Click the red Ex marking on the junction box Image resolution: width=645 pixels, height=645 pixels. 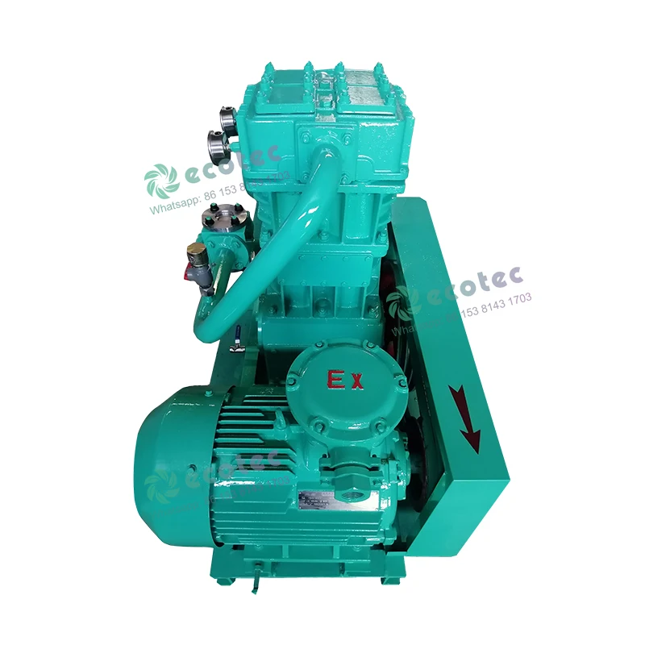pos(344,380)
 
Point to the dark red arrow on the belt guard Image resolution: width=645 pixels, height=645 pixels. pos(466,416)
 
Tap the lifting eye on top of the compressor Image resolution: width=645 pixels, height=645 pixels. pos(324,85)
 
